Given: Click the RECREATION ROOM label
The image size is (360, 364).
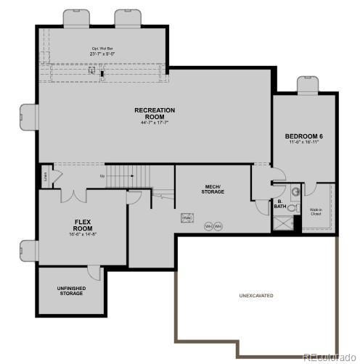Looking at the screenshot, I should [155, 113].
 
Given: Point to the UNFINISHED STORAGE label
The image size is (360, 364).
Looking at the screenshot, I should [71, 291].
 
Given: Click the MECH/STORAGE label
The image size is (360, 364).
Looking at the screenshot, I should [213, 189].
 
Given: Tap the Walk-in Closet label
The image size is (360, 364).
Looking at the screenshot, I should [316, 212].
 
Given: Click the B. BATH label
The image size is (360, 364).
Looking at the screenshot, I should [279, 205].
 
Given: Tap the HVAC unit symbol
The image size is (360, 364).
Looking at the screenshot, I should [187, 218].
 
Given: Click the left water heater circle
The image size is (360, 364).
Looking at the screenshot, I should [208, 226].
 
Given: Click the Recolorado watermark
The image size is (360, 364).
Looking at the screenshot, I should [328, 357].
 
